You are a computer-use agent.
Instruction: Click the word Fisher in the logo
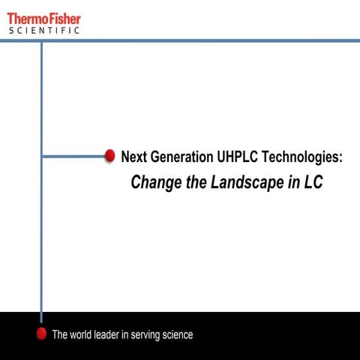pyautogui.click(x=64, y=18)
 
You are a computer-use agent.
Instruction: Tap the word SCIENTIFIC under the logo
pyautogui.click(x=43, y=31)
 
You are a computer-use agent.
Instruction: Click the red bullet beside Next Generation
pyautogui.click(x=109, y=156)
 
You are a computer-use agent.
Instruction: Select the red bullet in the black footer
pyautogui.click(x=42, y=334)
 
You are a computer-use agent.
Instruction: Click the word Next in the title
pyautogui.click(x=133, y=157)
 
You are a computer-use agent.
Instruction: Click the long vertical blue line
pyautogui.click(x=41, y=225)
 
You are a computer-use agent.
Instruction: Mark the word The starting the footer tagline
pyautogui.click(x=60, y=334)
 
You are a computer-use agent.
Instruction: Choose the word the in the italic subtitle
pyautogui.click(x=194, y=182)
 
